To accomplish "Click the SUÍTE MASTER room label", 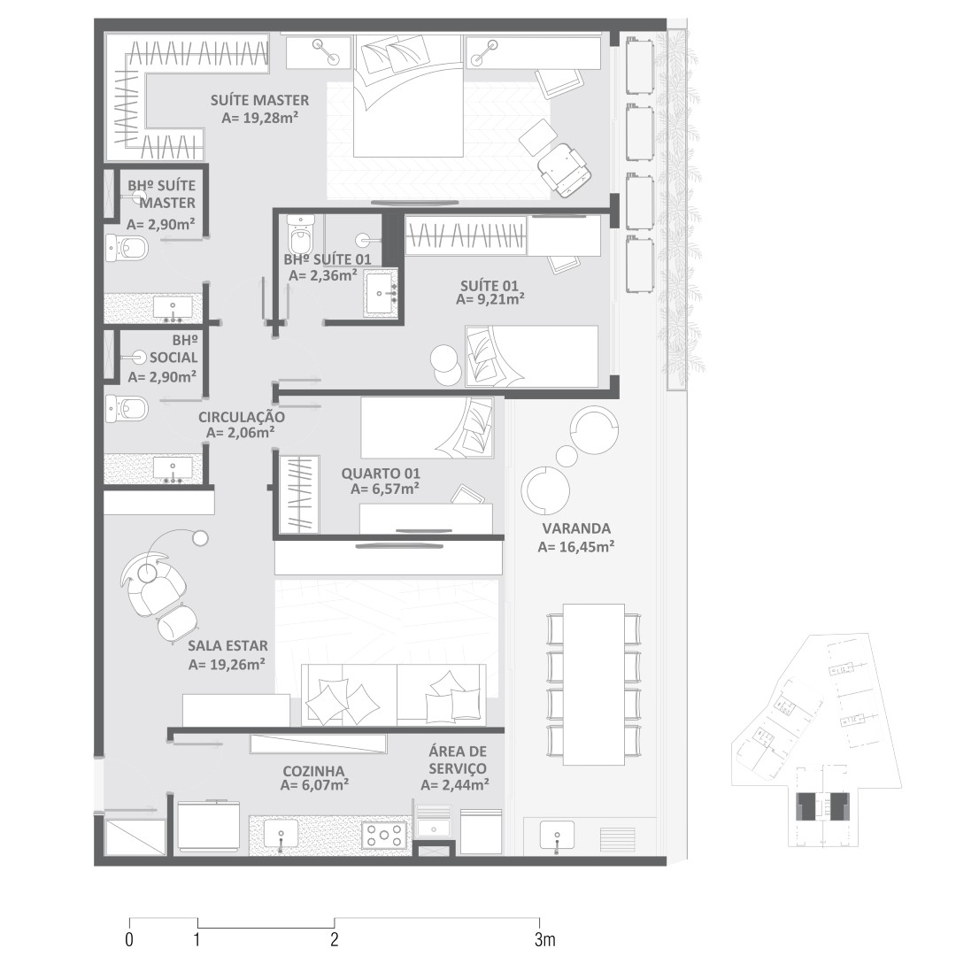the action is pos(259,100).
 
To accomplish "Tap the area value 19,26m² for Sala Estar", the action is pos(227,665).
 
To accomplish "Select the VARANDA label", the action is pos(576,528).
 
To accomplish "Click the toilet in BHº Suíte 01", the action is pos(299,234).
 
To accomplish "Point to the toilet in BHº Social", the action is pos(127,408).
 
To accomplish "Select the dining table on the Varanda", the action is pos(594,684).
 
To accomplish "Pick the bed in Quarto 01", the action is pos(427,428).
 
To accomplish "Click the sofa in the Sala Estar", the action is pos(394,695).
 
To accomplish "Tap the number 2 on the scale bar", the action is pos(334,939).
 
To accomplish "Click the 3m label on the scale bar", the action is pos(545,939).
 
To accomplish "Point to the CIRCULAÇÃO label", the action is pos(242,418).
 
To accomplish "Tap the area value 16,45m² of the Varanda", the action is pos(575,548).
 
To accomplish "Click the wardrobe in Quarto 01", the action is pos(299,493).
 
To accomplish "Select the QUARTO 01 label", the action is pos(381,474).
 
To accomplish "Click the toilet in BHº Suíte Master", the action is pos(127,248).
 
